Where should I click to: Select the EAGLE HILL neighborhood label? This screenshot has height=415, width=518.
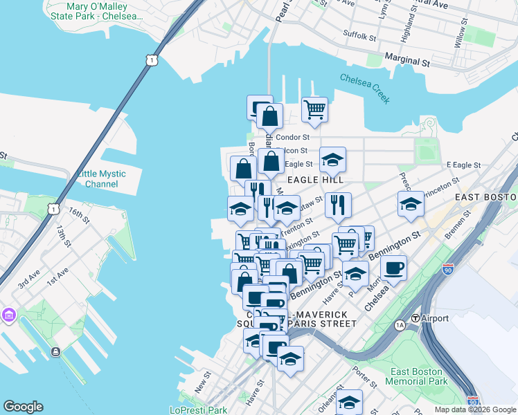[315, 180]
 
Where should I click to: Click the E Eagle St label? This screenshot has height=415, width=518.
[463, 165]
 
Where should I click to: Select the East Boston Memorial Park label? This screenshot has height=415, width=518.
[418, 376]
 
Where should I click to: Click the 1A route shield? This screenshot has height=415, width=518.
[400, 324]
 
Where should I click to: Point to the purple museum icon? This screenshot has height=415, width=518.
[8, 315]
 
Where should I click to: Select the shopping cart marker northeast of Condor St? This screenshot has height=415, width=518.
[314, 109]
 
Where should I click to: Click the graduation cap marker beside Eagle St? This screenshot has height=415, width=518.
[332, 159]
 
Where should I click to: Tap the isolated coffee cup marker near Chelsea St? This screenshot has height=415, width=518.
[393, 268]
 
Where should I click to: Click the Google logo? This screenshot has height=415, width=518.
[23, 407]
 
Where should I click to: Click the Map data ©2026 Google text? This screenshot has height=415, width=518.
[475, 409]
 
